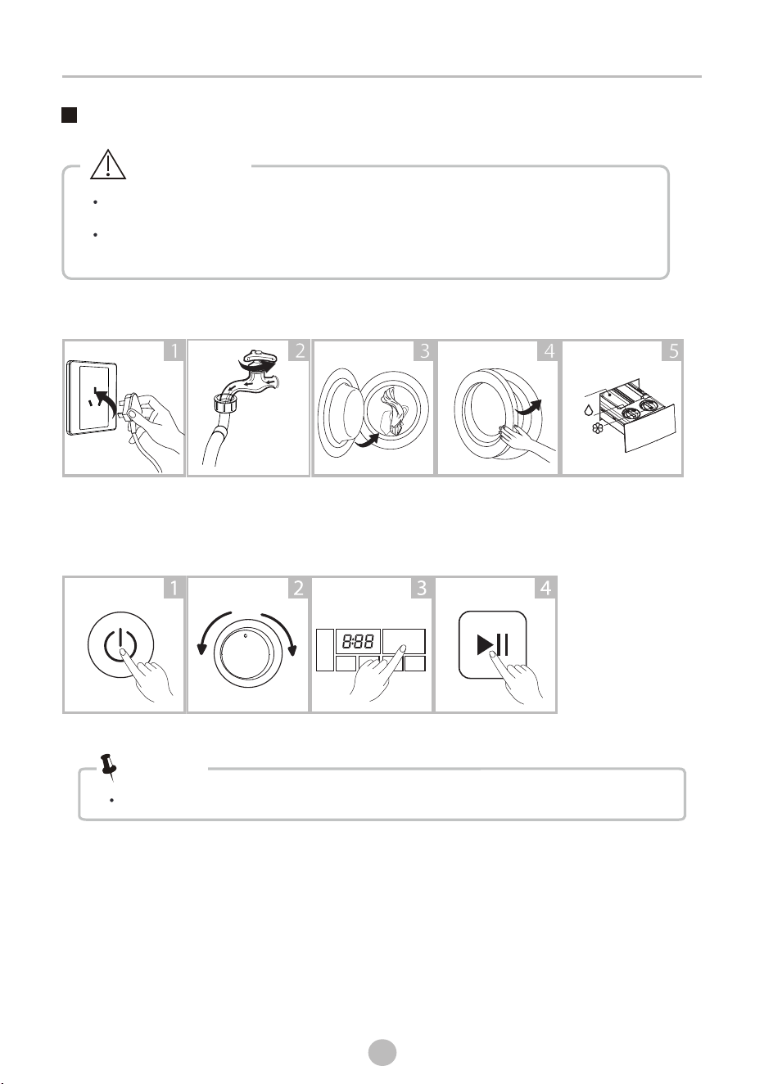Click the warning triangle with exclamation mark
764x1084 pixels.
pos(108,165)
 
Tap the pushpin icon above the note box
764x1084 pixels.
pos(108,766)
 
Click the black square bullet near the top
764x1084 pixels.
pos(70,115)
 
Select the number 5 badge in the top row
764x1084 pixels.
pos(672,351)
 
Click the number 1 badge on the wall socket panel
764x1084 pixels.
pos(174,351)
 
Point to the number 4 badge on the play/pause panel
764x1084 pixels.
pos(545,588)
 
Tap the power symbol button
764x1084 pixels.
pos(120,645)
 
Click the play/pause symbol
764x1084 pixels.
pos(492,644)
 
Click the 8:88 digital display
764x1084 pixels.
pos(358,642)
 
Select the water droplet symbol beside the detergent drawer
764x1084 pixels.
pos(588,410)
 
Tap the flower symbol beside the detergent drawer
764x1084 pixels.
pos(598,427)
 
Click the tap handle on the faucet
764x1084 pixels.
pos(261,357)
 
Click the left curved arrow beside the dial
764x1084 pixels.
pos(211,631)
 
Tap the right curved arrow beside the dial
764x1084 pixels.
pos(283,631)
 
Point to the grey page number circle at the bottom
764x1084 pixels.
pos(382,1053)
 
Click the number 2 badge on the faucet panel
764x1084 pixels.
pos(299,351)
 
